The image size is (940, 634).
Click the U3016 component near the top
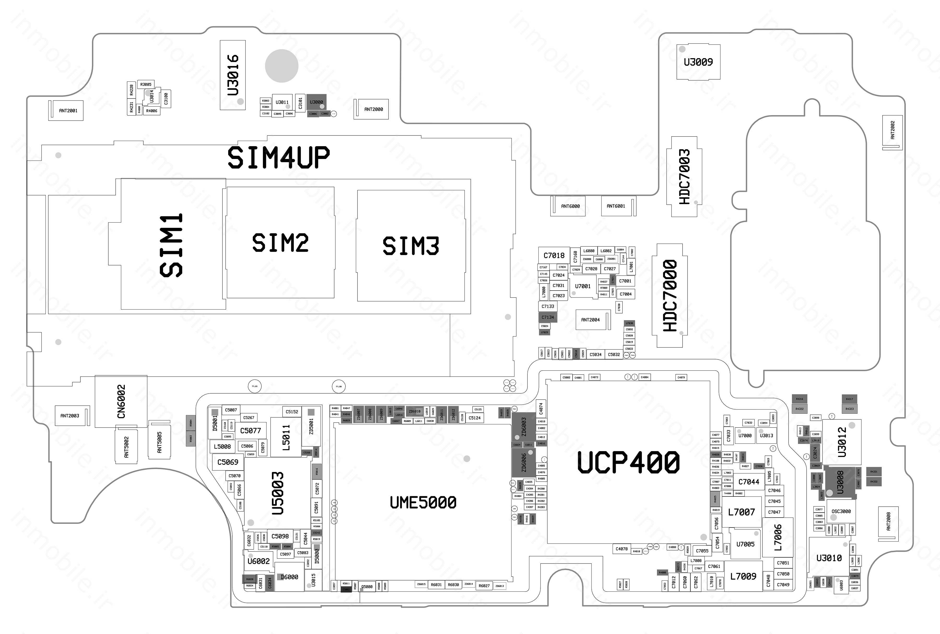233,75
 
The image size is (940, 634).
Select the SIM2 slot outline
280,242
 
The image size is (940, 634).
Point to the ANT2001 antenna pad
68,110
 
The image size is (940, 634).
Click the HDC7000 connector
670,295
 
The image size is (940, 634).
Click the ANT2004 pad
591,320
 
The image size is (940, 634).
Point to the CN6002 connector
121,401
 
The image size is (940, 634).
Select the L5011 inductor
286,437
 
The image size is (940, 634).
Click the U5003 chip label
278,493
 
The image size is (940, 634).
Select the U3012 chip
842,442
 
